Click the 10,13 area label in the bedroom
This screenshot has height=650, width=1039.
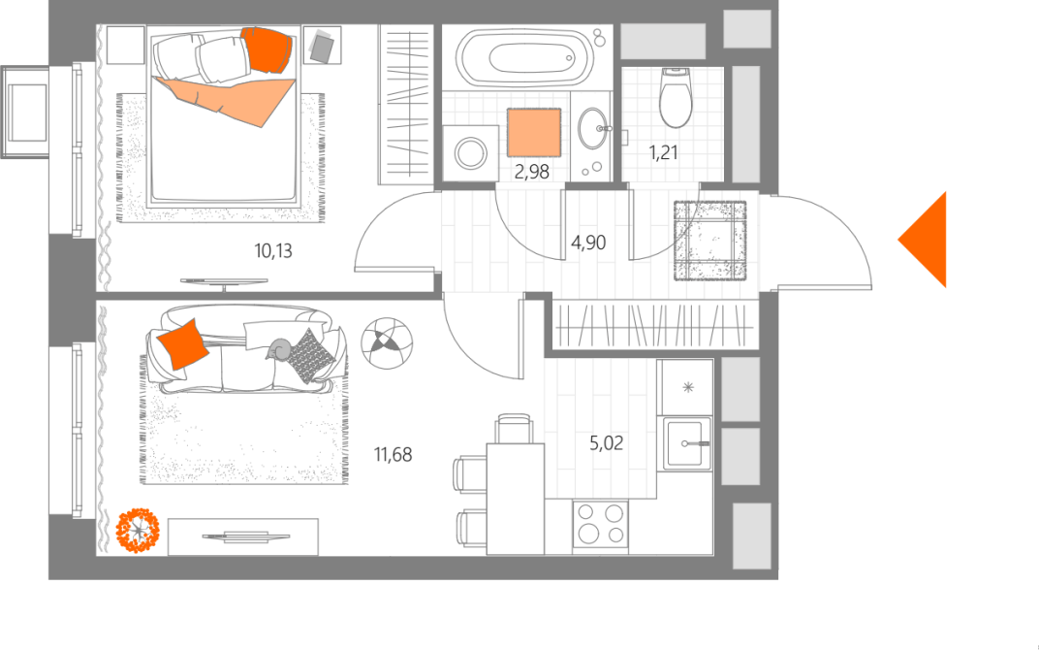pyautogui.click(x=273, y=250)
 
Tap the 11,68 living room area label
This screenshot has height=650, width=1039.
pyautogui.click(x=393, y=454)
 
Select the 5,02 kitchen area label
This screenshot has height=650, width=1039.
pyautogui.click(x=607, y=442)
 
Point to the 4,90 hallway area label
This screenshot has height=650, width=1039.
pyautogui.click(x=588, y=243)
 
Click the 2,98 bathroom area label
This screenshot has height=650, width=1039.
pyautogui.click(x=531, y=172)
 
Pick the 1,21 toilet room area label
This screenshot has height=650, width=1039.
pyautogui.click(x=663, y=152)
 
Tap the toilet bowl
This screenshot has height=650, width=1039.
pyautogui.click(x=676, y=97)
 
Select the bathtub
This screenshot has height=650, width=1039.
pyautogui.click(x=527, y=57)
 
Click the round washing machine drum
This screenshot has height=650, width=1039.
pyautogui.click(x=470, y=153)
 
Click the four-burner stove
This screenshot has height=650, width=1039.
pyautogui.click(x=600, y=524)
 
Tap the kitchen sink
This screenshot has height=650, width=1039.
pyautogui.click(x=687, y=443)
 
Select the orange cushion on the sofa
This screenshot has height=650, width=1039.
pyautogui.click(x=182, y=344)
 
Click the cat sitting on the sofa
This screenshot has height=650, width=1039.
pyautogui.click(x=280, y=348)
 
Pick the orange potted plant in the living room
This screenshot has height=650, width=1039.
pyautogui.click(x=138, y=530)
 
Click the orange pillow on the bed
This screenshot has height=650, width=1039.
pyautogui.click(x=267, y=49)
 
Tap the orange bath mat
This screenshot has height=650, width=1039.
pyautogui.click(x=534, y=133)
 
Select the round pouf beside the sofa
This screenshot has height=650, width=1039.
pyautogui.click(x=387, y=342)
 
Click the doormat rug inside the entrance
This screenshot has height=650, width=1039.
pyautogui.click(x=710, y=241)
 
